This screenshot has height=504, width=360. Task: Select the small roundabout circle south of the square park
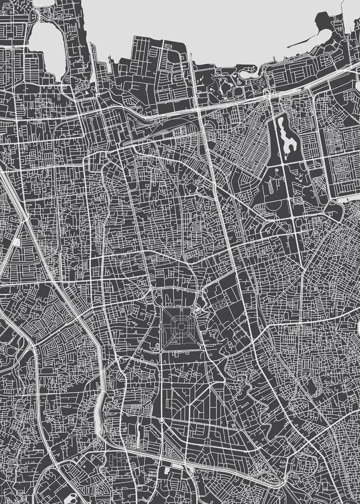(161, 420)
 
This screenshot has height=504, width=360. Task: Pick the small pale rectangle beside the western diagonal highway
(17, 242)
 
